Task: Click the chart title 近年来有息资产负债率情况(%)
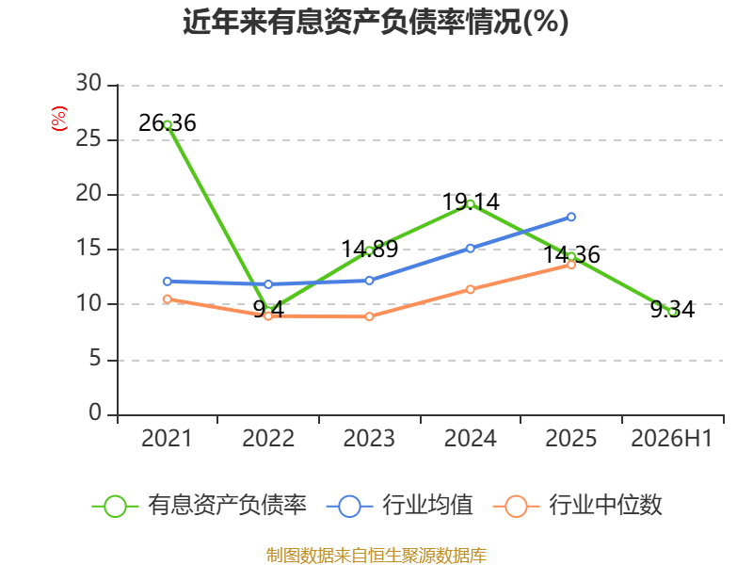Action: point(376,22)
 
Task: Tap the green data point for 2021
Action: point(168,125)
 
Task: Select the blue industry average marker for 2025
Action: point(571,218)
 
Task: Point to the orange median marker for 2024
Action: point(470,289)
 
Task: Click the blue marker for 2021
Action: point(168,282)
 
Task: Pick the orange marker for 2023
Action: point(369,316)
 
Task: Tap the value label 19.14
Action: point(471,202)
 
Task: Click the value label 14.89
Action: point(370,249)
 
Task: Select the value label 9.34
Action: point(672,310)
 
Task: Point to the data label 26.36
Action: point(168,123)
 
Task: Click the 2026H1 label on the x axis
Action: point(671,438)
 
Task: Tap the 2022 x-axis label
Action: point(268,438)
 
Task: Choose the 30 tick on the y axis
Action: point(88,83)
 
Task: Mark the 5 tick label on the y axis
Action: point(95,359)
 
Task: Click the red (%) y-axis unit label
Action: point(58,119)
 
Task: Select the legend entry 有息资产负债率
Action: point(200,506)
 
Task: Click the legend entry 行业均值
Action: point(399,506)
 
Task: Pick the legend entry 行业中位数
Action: point(578,506)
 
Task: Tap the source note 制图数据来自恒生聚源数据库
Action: point(376,556)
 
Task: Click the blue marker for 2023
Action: point(369,281)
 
